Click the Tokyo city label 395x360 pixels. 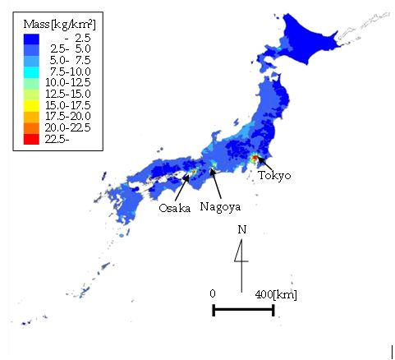pyautogui.click(x=273, y=174)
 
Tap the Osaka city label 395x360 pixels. pyautogui.click(x=174, y=207)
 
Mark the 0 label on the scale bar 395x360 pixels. pyautogui.click(x=213, y=293)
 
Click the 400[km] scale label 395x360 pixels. pyautogui.click(x=275, y=293)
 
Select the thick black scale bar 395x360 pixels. pyautogui.click(x=243, y=310)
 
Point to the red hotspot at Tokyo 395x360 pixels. pyautogui.click(x=255, y=158)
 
